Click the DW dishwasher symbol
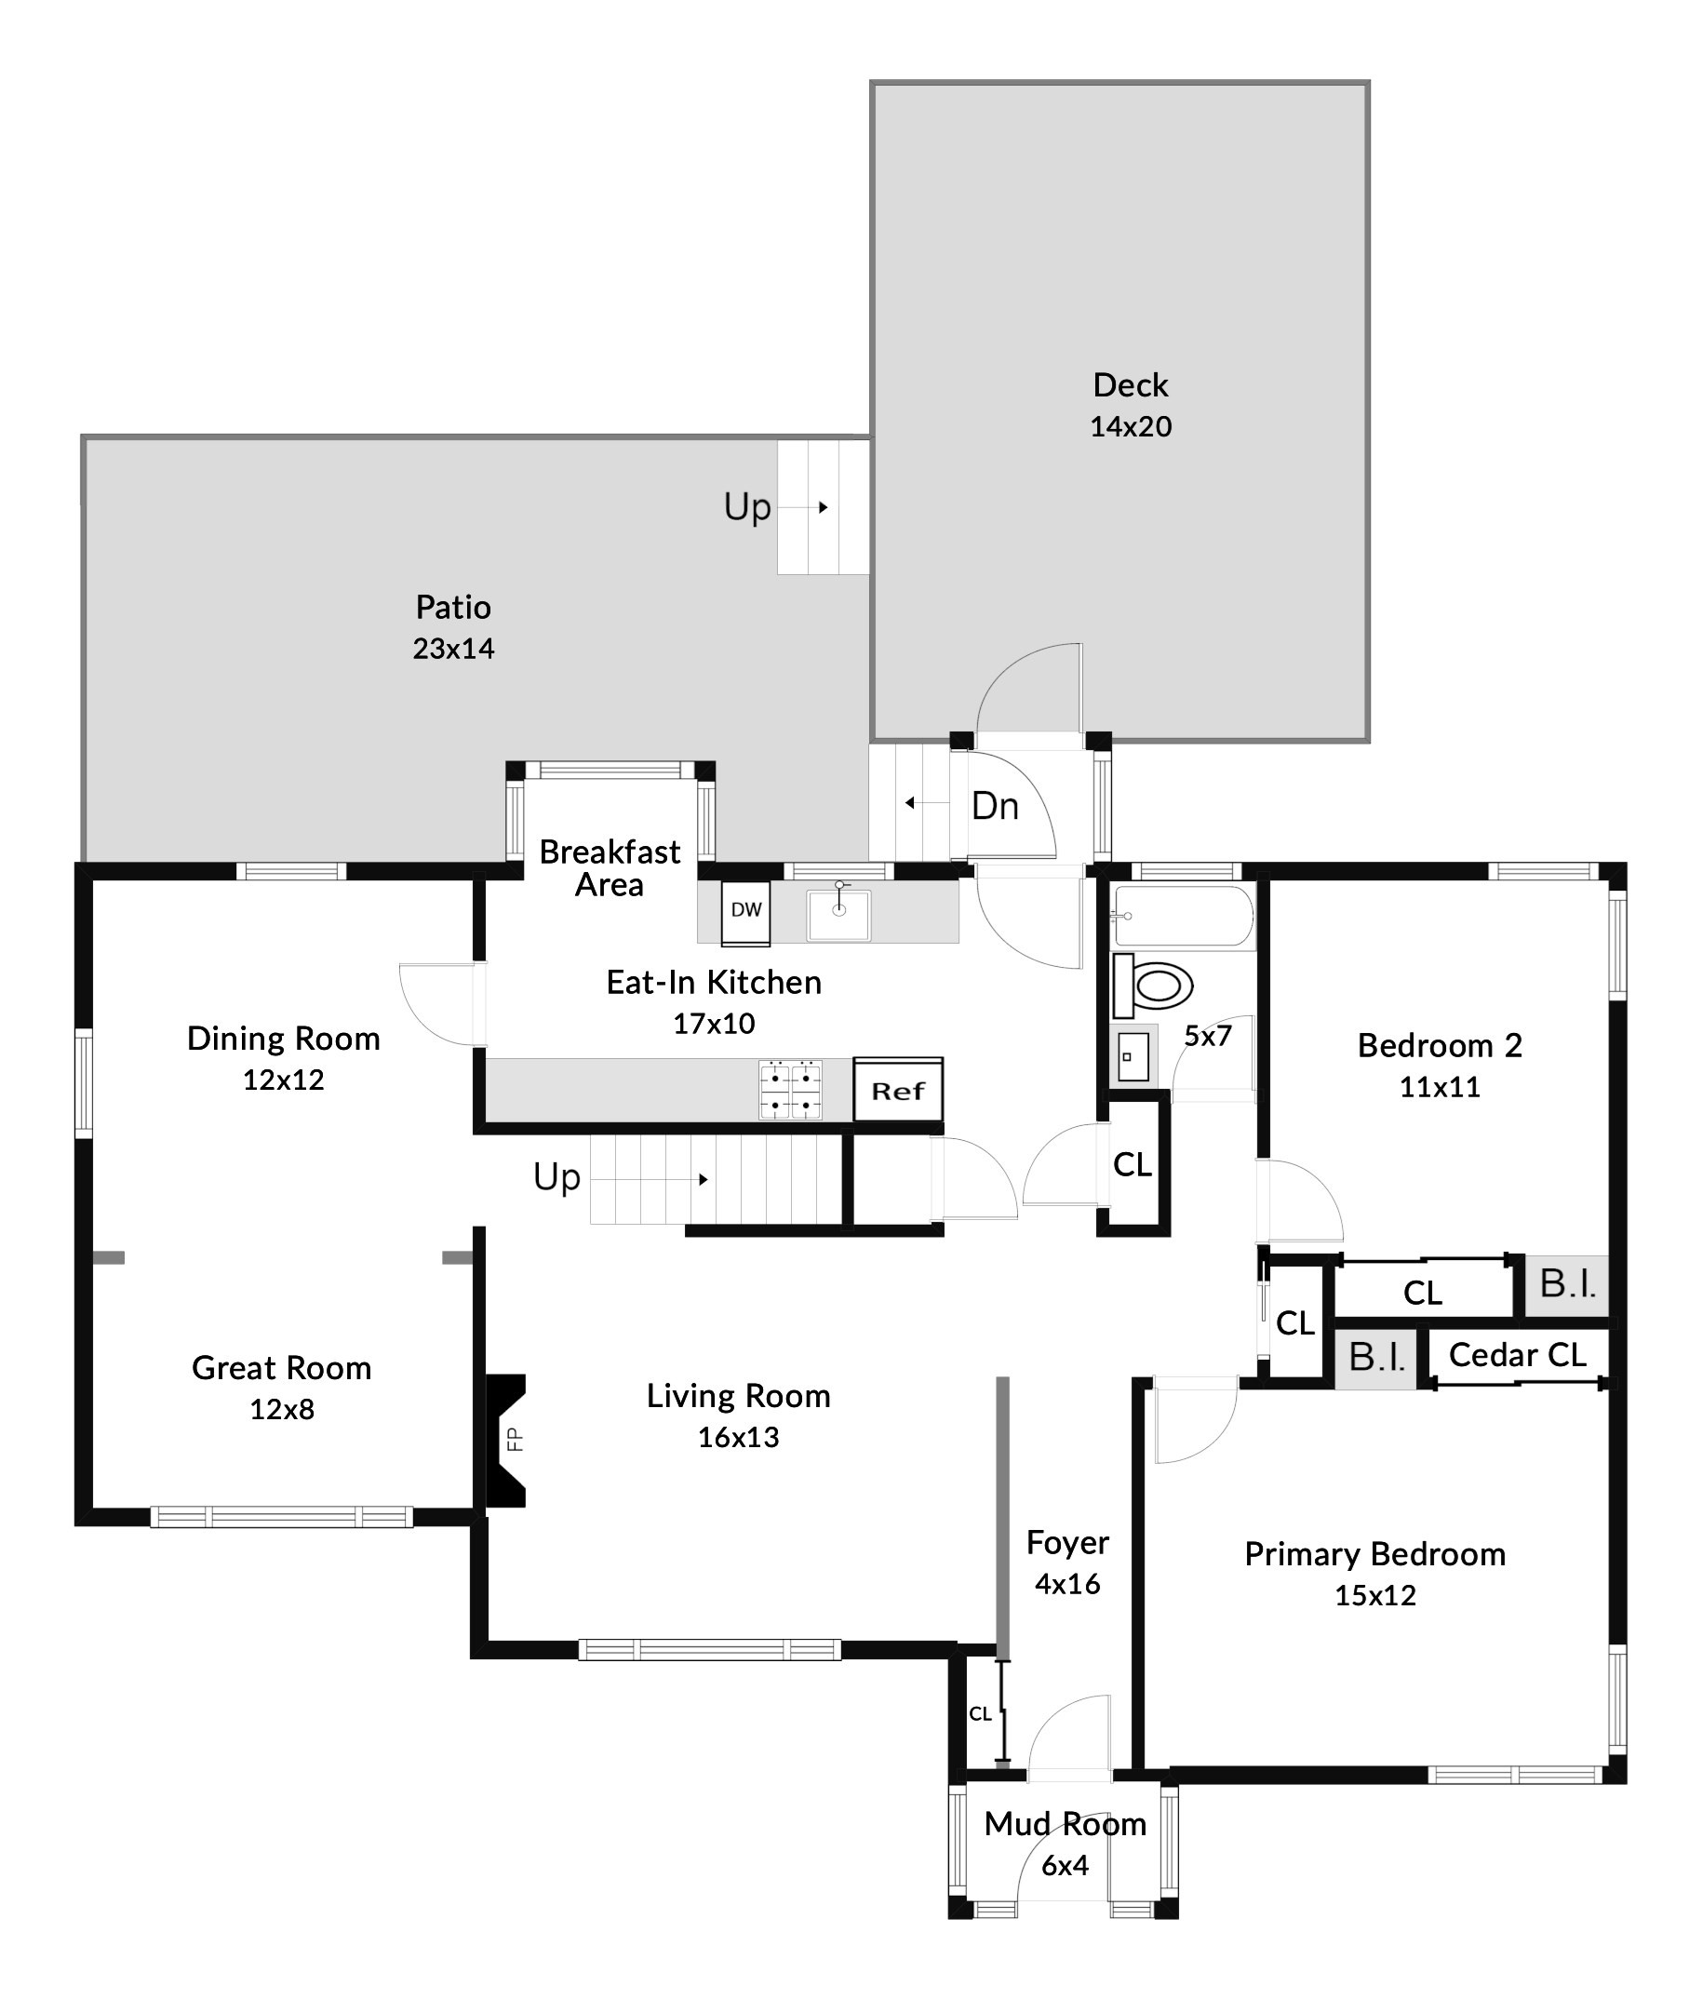[745, 910]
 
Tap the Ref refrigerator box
[897, 1090]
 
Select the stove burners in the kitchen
[790, 1090]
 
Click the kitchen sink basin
[838, 914]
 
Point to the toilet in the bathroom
[1155, 986]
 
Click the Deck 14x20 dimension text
[1131, 426]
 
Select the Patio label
[453, 607]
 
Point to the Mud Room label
[1065, 1823]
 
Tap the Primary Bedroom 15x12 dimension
[1375, 1595]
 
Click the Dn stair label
[995, 806]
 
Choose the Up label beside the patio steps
[747, 506]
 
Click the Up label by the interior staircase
[556, 1177]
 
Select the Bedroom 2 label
[1440, 1045]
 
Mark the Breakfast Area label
[610, 868]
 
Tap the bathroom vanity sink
[1132, 1057]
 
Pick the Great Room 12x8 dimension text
[282, 1410]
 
